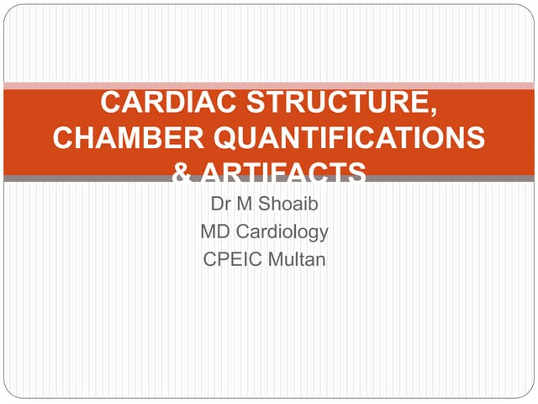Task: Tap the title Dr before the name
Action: coord(217,205)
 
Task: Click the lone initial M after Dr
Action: coord(240,205)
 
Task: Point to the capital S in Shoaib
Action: coord(261,205)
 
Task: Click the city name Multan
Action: coord(298,258)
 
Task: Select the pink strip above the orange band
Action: coord(269,85)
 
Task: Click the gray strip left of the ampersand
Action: coord(84,178)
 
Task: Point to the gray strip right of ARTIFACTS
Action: coord(454,178)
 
